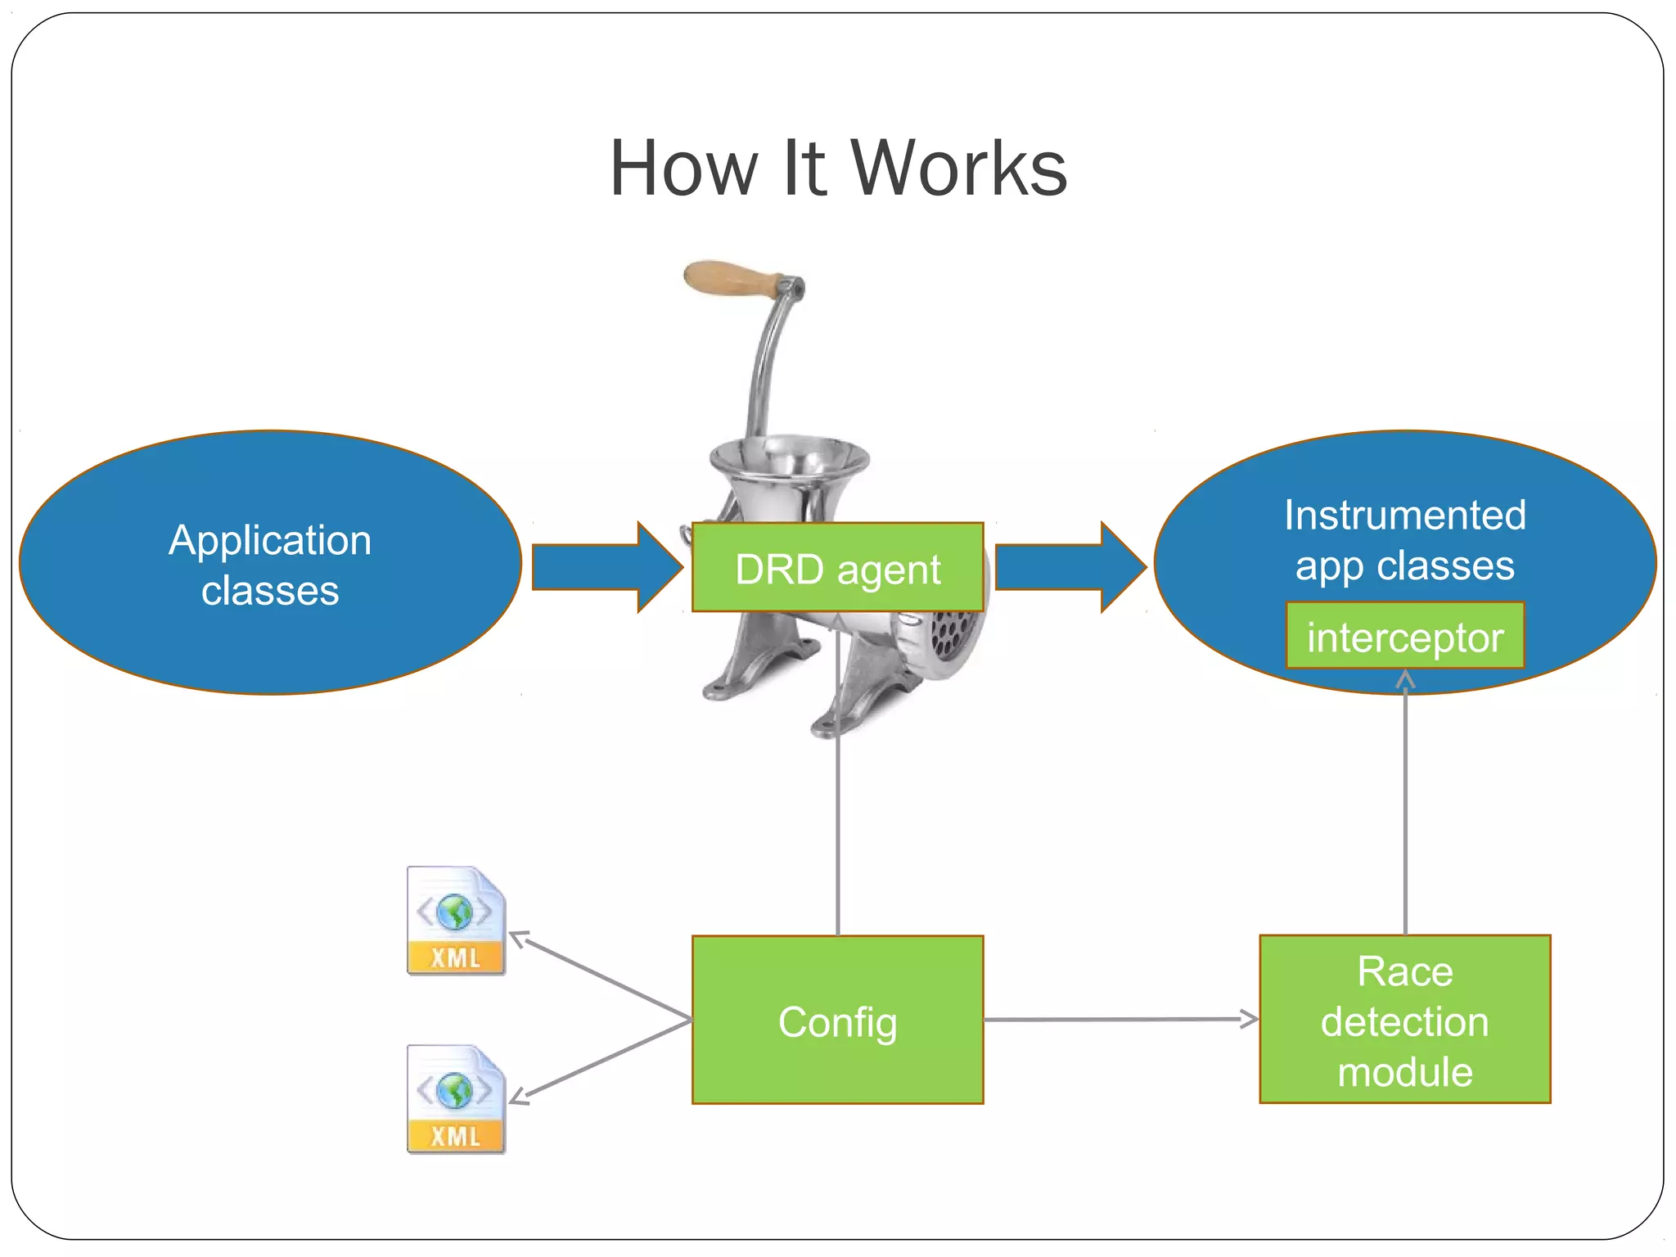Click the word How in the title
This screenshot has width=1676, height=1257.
pos(684,169)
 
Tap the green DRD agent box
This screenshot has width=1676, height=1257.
pos(837,568)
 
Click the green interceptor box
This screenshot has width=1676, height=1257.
pos(1404,637)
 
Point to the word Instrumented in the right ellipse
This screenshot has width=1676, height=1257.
pos(1404,516)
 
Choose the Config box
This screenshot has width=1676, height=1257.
pos(837,1020)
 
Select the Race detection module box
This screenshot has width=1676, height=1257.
pos(1404,1020)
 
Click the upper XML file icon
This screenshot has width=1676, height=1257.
pos(456,921)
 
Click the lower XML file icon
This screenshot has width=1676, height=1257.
pos(456,1099)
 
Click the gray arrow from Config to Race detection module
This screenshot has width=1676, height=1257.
pos(1121,1020)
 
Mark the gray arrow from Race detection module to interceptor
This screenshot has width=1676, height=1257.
pos(1405,810)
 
